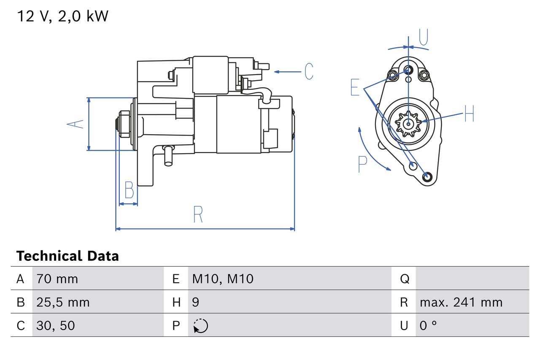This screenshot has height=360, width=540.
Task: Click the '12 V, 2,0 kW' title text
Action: point(62,16)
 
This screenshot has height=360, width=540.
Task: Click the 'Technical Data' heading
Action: point(67,256)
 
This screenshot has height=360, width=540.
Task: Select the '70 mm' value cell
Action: point(57,279)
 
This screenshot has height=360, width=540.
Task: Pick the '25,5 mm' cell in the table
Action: point(63,302)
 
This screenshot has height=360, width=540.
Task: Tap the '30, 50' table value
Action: point(56,325)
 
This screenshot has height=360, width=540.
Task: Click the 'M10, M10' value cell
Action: point(223,279)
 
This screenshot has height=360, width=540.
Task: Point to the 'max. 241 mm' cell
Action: point(461,302)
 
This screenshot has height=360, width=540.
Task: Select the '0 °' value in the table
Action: point(428,325)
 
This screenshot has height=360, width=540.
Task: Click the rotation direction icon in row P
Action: point(200,325)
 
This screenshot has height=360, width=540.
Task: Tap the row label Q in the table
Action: point(404,279)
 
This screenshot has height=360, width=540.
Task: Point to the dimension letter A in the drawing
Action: point(76,124)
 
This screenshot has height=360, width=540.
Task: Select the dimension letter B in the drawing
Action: point(129,190)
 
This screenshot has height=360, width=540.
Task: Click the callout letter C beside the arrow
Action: point(309,72)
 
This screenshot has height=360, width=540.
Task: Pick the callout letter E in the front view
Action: point(355,87)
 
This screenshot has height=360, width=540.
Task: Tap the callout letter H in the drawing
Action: point(469,114)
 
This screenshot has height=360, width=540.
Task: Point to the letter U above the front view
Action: point(424,37)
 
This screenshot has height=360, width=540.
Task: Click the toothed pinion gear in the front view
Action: point(408,124)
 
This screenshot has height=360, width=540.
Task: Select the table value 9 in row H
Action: point(195,302)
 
